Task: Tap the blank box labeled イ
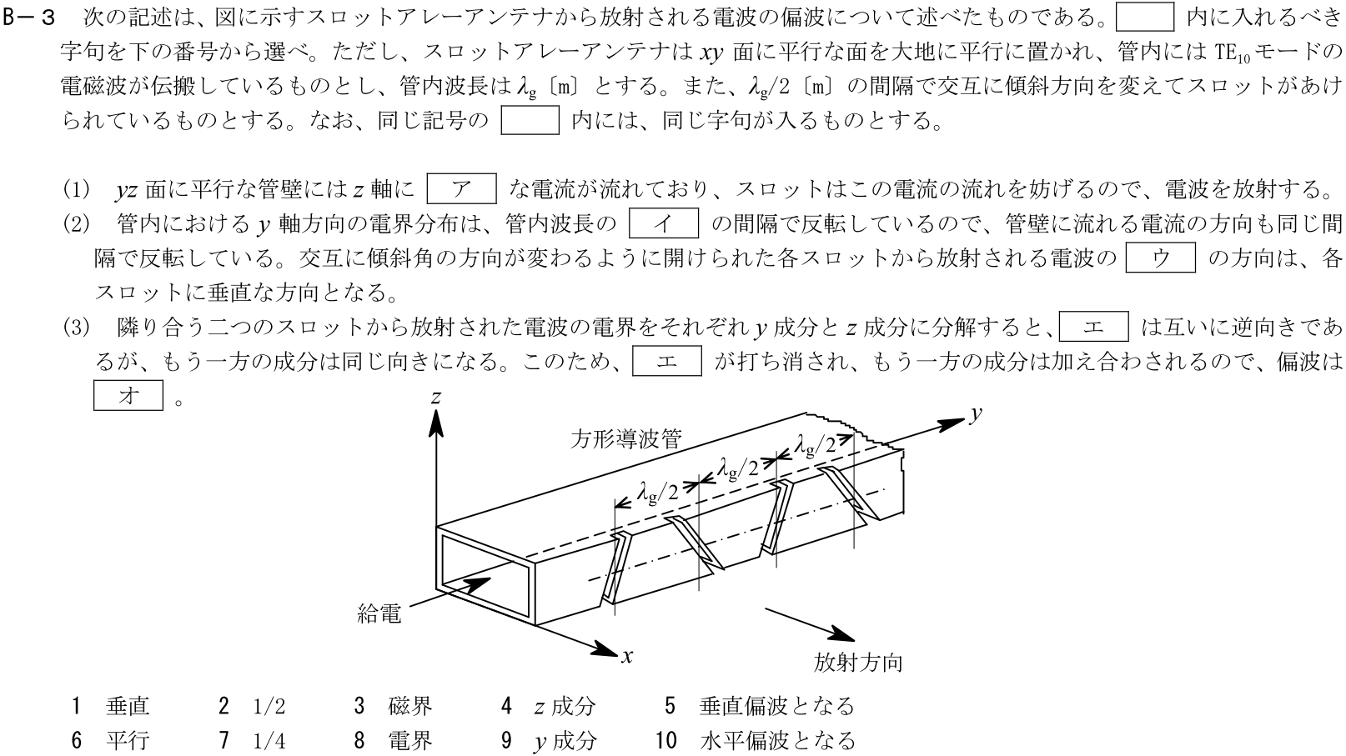click(x=663, y=223)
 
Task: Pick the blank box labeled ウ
click(x=1160, y=258)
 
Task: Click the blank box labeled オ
click(x=128, y=396)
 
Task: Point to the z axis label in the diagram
click(x=435, y=398)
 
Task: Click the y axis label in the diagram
click(x=973, y=414)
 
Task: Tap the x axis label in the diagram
click(x=627, y=656)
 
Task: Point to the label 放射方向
click(x=858, y=663)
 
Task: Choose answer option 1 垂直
click(x=112, y=707)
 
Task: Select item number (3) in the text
click(x=76, y=328)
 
